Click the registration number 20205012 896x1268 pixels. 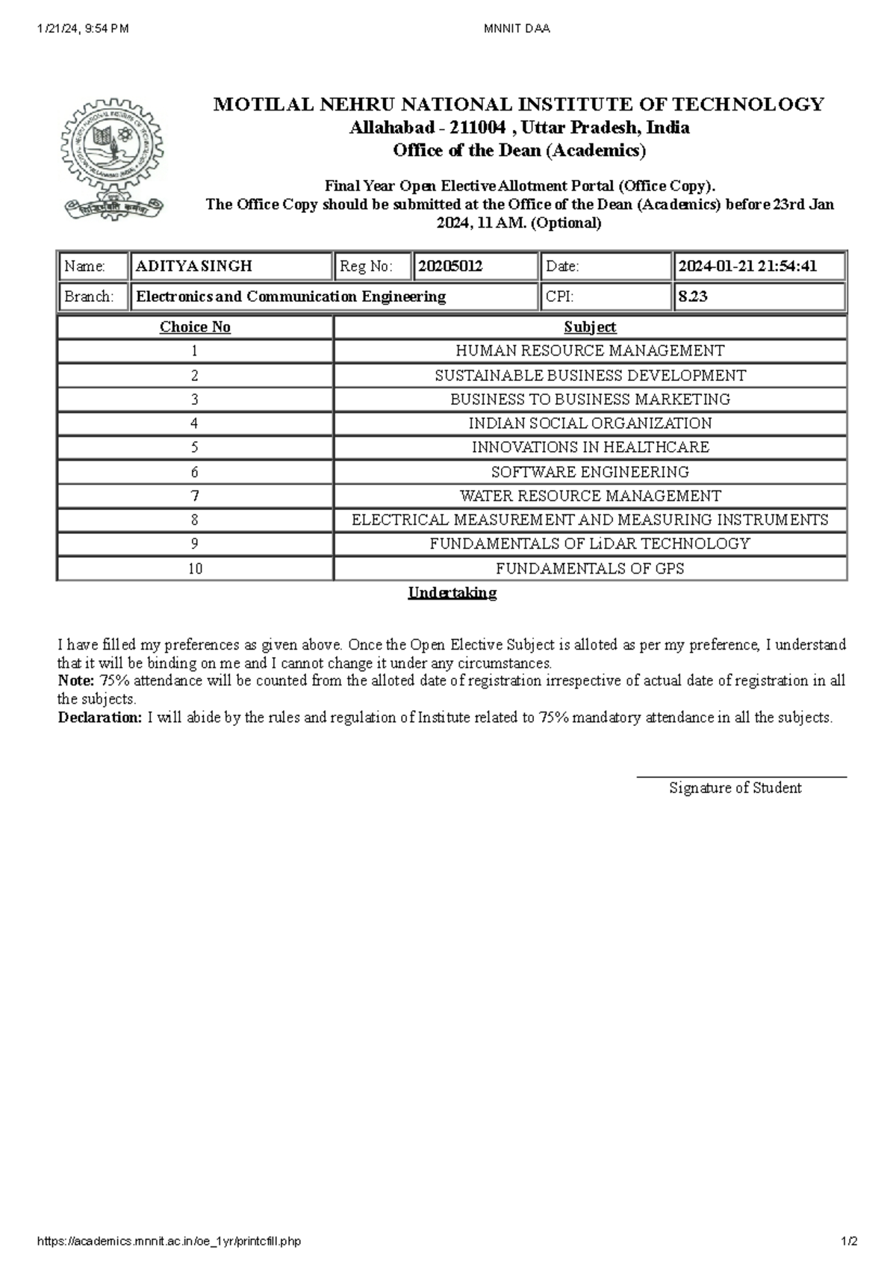pyautogui.click(x=450, y=266)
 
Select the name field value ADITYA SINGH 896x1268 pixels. pyautogui.click(x=194, y=266)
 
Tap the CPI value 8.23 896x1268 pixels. pyautogui.click(x=692, y=296)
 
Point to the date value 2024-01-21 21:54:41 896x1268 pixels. pyautogui.click(x=747, y=266)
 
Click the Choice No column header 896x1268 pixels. pyautogui.click(x=195, y=327)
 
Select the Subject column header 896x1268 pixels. pyautogui.click(x=590, y=327)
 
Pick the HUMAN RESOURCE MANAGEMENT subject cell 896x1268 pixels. pyautogui.click(x=590, y=351)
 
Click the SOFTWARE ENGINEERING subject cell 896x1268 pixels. pyautogui.click(x=590, y=472)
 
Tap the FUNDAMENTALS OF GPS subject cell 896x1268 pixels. pyautogui.click(x=590, y=569)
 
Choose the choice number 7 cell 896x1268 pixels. pyautogui.click(x=195, y=496)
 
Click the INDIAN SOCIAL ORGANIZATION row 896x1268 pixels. pyautogui.click(x=590, y=423)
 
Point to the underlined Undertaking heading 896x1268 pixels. pyautogui.click(x=452, y=593)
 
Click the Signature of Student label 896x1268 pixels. pyautogui.click(x=735, y=788)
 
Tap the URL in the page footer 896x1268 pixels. pyautogui.click(x=169, y=1242)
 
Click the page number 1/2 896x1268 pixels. pyautogui.click(x=849, y=1242)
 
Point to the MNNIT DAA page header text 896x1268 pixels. pyautogui.click(x=517, y=29)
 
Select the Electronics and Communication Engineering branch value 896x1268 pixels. pyautogui.click(x=291, y=296)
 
